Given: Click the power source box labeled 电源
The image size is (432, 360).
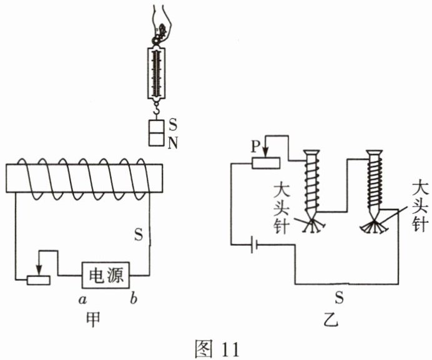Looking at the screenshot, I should point(107,275).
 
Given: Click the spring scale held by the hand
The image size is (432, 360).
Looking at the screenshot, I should point(157,72).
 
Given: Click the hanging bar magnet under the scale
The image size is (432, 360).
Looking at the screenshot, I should point(157,133).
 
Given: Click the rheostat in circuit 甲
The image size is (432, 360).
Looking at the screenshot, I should point(39,278).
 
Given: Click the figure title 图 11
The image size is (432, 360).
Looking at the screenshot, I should point(217,347).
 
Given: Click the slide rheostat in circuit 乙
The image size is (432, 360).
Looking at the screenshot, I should point(265,163).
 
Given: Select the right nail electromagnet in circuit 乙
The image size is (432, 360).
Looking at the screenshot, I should point(376,184).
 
